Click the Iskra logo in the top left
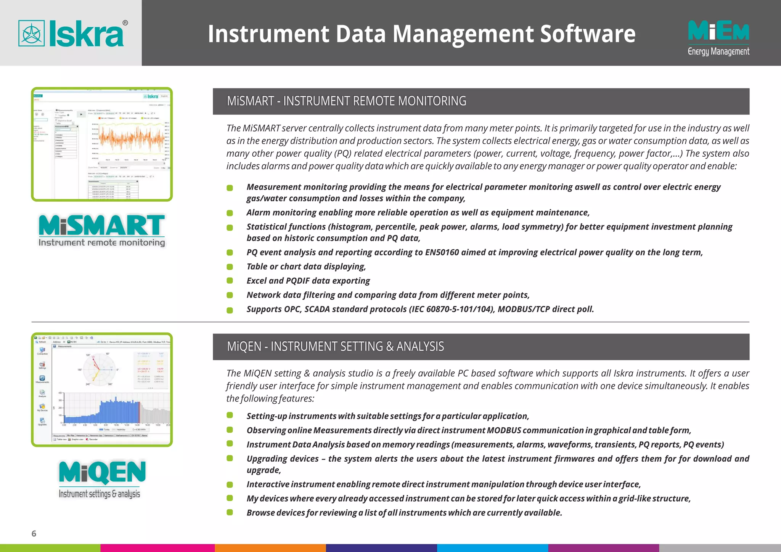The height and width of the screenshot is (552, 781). pyautogui.click(x=72, y=34)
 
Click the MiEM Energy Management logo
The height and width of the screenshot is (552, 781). pyautogui.click(x=718, y=37)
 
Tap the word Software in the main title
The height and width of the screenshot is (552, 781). pyautogui.click(x=588, y=34)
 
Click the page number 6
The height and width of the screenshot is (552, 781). pyautogui.click(x=34, y=533)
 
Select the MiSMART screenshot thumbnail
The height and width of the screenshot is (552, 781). pyautogui.click(x=102, y=144)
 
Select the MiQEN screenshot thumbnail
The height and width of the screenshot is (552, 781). pyautogui.click(x=102, y=390)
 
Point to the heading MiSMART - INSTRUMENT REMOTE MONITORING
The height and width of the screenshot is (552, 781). pyautogui.click(x=346, y=101)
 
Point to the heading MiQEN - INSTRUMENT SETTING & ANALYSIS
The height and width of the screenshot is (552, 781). pyautogui.click(x=335, y=347)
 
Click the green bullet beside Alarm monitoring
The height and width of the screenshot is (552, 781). pyautogui.click(x=230, y=213)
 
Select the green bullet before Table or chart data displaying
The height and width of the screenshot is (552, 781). pyautogui.click(x=230, y=267)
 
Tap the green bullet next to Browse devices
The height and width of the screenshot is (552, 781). pyautogui.click(x=230, y=512)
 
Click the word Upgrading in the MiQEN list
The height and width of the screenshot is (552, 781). pyautogui.click(x=265, y=459)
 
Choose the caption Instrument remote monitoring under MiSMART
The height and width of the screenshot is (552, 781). pyautogui.click(x=102, y=243)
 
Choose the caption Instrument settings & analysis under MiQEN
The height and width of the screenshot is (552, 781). pyautogui.click(x=99, y=494)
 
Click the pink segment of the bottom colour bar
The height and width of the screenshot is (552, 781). pyautogui.click(x=157, y=548)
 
